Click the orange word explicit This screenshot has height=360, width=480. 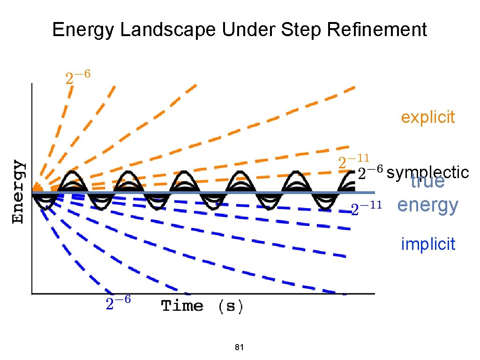427,117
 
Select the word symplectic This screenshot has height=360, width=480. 428,172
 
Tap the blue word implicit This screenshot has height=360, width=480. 428,244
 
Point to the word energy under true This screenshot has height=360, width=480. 427,205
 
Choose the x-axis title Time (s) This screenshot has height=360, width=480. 202,307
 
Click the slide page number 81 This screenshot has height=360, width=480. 240,347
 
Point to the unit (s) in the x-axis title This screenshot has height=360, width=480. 231,307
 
